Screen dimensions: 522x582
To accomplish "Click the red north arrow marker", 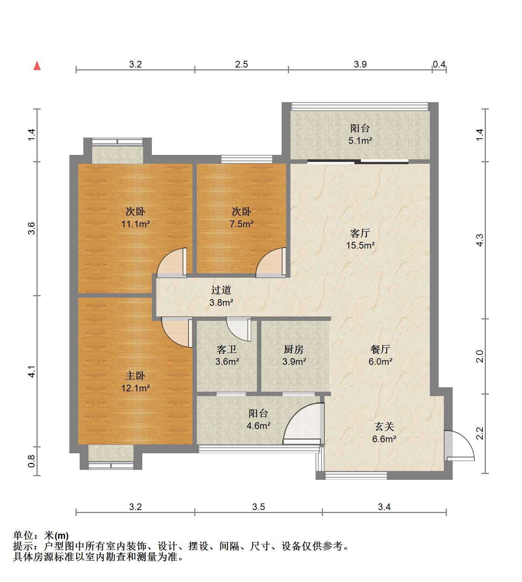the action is pos(37,66).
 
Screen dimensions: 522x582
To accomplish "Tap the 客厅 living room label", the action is pos(360,233).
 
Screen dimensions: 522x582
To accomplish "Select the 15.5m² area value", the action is pos(360,245).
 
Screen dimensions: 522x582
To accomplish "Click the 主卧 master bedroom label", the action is pos(135,376).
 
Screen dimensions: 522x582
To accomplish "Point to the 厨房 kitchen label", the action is pos(294,349).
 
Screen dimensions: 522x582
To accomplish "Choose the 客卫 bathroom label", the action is pos(227,349).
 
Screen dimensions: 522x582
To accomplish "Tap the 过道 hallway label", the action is pos(221,290).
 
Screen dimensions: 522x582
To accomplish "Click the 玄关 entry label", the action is pos(384,427).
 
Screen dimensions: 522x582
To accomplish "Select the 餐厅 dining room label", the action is pos(380,349).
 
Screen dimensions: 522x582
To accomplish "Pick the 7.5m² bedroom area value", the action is pos(241,224).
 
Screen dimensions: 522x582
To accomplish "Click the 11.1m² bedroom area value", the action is pos(135,224).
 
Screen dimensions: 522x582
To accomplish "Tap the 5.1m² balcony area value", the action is pos(360,141).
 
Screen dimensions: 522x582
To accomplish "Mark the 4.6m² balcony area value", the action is pos(258,426).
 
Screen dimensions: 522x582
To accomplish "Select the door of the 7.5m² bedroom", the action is pos(271,262).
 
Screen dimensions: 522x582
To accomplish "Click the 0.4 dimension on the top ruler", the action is pos(439,65).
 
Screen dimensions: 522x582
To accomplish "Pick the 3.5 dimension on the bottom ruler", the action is pos(258,507).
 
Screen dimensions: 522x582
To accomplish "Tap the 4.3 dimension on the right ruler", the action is pos(479,240).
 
